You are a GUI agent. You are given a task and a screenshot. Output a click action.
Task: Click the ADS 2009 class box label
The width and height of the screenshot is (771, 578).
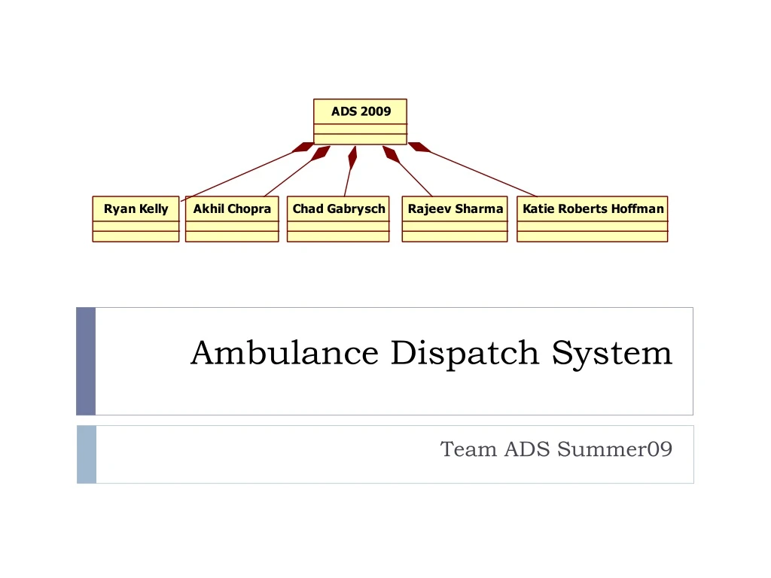click(x=361, y=111)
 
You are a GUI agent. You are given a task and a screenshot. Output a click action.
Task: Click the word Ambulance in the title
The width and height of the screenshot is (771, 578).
click(x=284, y=353)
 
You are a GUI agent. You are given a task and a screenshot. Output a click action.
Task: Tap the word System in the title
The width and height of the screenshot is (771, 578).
click(x=611, y=353)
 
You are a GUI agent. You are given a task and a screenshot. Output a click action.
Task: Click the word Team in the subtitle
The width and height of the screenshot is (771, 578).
click(x=468, y=449)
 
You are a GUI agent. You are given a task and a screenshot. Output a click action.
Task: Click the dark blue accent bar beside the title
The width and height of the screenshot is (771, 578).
click(x=86, y=361)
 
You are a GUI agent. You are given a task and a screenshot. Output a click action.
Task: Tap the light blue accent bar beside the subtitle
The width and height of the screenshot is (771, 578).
click(x=87, y=455)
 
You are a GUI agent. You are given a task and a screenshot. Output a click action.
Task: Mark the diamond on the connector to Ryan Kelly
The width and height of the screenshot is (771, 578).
click(x=303, y=148)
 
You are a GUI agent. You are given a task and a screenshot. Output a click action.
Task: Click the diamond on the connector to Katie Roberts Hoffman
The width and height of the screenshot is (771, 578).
click(x=419, y=148)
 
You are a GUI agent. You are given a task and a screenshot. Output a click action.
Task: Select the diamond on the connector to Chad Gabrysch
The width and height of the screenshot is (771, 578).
click(x=352, y=157)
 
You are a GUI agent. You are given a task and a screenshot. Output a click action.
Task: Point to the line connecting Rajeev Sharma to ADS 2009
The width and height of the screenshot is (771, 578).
click(x=416, y=179)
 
